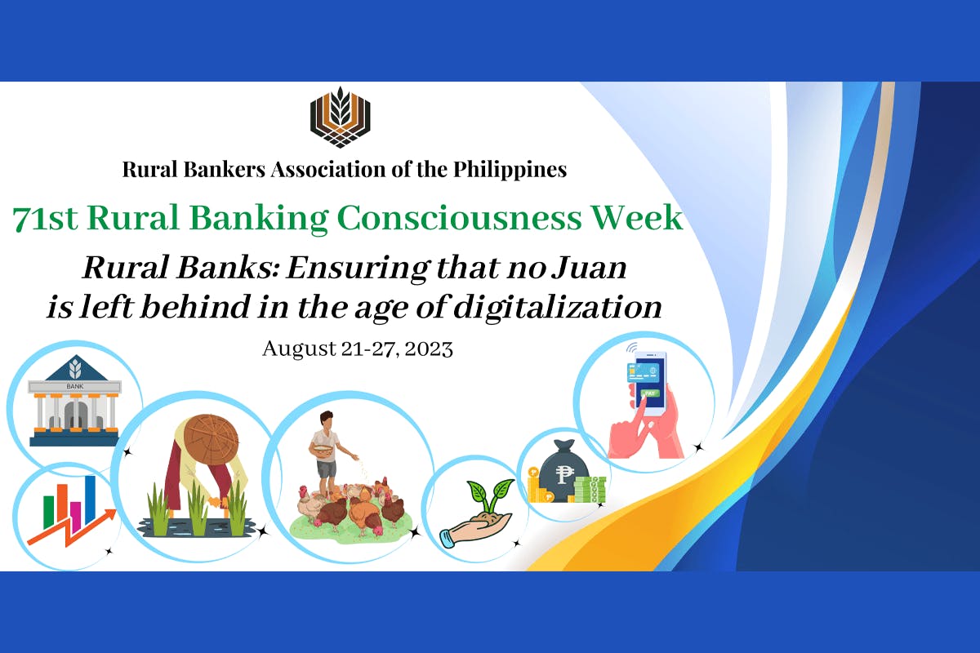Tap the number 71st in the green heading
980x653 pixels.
tap(44, 218)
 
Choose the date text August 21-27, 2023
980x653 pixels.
tap(357, 349)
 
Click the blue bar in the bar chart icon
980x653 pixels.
tap(90, 499)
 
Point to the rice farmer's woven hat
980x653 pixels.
tap(204, 441)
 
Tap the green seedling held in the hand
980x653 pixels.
tap(488, 495)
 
